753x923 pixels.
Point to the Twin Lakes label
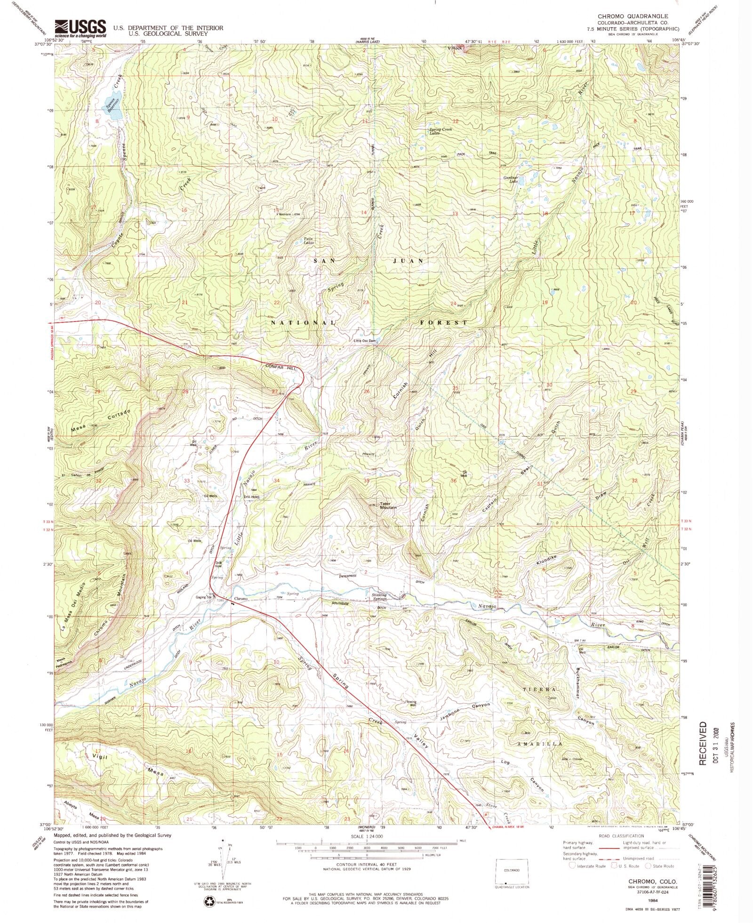(x=308, y=241)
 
